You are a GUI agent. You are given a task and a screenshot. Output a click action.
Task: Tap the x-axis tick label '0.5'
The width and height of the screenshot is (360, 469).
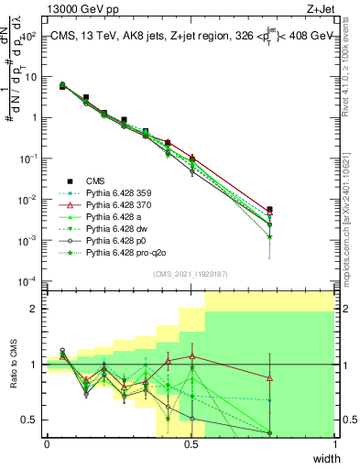point(191,444)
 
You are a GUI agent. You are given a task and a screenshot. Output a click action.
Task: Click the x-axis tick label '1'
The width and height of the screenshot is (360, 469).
point(335,444)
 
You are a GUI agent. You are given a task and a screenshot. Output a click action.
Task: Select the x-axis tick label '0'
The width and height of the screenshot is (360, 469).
point(47,444)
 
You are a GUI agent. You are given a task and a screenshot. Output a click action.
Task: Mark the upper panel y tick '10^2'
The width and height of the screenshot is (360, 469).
point(29,37)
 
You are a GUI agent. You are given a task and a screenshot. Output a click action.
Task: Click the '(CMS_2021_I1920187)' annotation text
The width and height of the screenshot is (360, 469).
point(191,274)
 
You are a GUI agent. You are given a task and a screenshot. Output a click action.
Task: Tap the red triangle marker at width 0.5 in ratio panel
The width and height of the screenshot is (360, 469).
point(191,356)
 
